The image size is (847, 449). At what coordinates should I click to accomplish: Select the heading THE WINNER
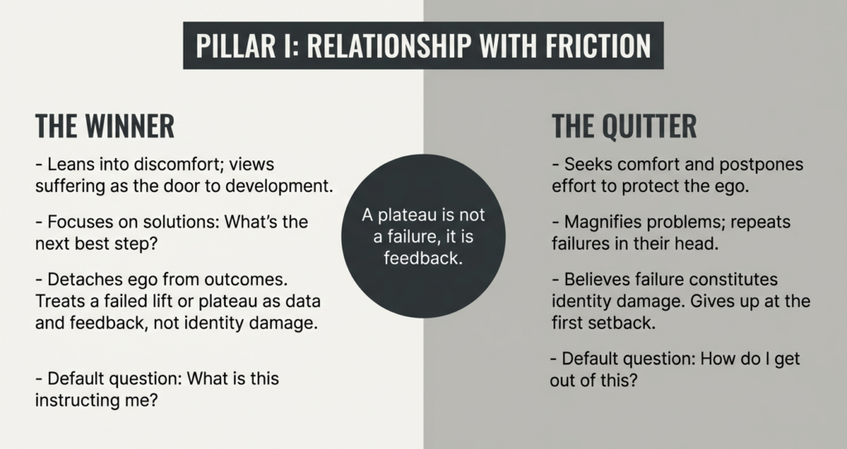[105, 127]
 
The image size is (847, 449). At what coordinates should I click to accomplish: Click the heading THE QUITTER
[624, 127]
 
